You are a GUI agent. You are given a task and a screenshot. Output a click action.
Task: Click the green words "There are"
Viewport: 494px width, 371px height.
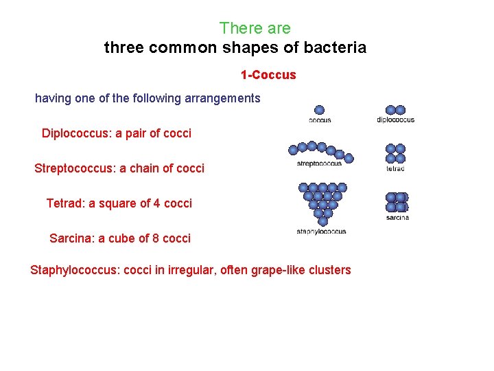255,28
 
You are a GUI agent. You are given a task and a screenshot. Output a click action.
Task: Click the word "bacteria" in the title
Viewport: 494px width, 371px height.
336,48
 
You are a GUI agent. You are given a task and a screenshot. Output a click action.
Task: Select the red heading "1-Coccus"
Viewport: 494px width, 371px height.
268,74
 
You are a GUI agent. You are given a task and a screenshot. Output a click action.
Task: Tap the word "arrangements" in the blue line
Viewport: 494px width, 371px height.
224,98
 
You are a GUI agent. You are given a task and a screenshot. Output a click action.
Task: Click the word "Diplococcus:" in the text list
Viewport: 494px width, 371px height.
76,133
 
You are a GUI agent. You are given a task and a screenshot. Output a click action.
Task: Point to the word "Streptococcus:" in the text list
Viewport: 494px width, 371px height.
75,168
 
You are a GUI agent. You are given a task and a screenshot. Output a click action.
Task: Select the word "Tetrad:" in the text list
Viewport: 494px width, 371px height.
65,203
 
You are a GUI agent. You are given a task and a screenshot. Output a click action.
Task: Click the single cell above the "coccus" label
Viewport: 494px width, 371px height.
319,110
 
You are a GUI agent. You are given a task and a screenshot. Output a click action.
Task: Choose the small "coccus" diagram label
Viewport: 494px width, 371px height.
320,120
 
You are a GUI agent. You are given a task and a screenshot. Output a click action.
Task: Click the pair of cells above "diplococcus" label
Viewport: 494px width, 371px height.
395,110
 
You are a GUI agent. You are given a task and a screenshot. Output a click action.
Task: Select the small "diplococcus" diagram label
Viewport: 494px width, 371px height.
396,120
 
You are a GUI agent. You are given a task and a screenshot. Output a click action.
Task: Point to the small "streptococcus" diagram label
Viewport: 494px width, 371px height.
319,164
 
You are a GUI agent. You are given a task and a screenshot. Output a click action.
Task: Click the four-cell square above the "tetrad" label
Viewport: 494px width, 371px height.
395,153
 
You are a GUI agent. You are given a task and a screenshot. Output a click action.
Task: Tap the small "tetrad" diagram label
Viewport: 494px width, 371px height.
395,168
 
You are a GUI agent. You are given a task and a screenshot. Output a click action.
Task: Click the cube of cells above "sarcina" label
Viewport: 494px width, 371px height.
397,202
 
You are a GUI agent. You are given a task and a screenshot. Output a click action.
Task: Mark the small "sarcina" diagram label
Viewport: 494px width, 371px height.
397,218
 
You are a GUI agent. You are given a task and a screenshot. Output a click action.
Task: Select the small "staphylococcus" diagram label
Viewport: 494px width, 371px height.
321,232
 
